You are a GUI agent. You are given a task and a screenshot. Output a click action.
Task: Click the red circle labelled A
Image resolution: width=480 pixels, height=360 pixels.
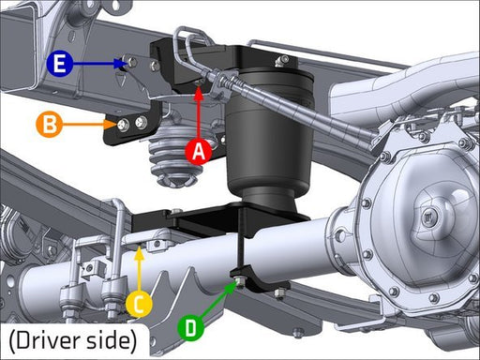coord(198,151)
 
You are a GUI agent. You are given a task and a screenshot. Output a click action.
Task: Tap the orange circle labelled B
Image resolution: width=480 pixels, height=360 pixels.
coord(50,125)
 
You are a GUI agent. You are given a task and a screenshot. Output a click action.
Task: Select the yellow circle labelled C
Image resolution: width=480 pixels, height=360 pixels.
coord(139,304)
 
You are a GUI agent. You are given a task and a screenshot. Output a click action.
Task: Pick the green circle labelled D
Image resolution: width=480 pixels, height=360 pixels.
coord(190,328)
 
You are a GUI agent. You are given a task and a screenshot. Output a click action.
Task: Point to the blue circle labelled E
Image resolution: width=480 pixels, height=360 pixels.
coord(60,64)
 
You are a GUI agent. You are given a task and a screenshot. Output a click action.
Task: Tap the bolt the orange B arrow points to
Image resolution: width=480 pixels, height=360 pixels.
coord(124,126)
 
